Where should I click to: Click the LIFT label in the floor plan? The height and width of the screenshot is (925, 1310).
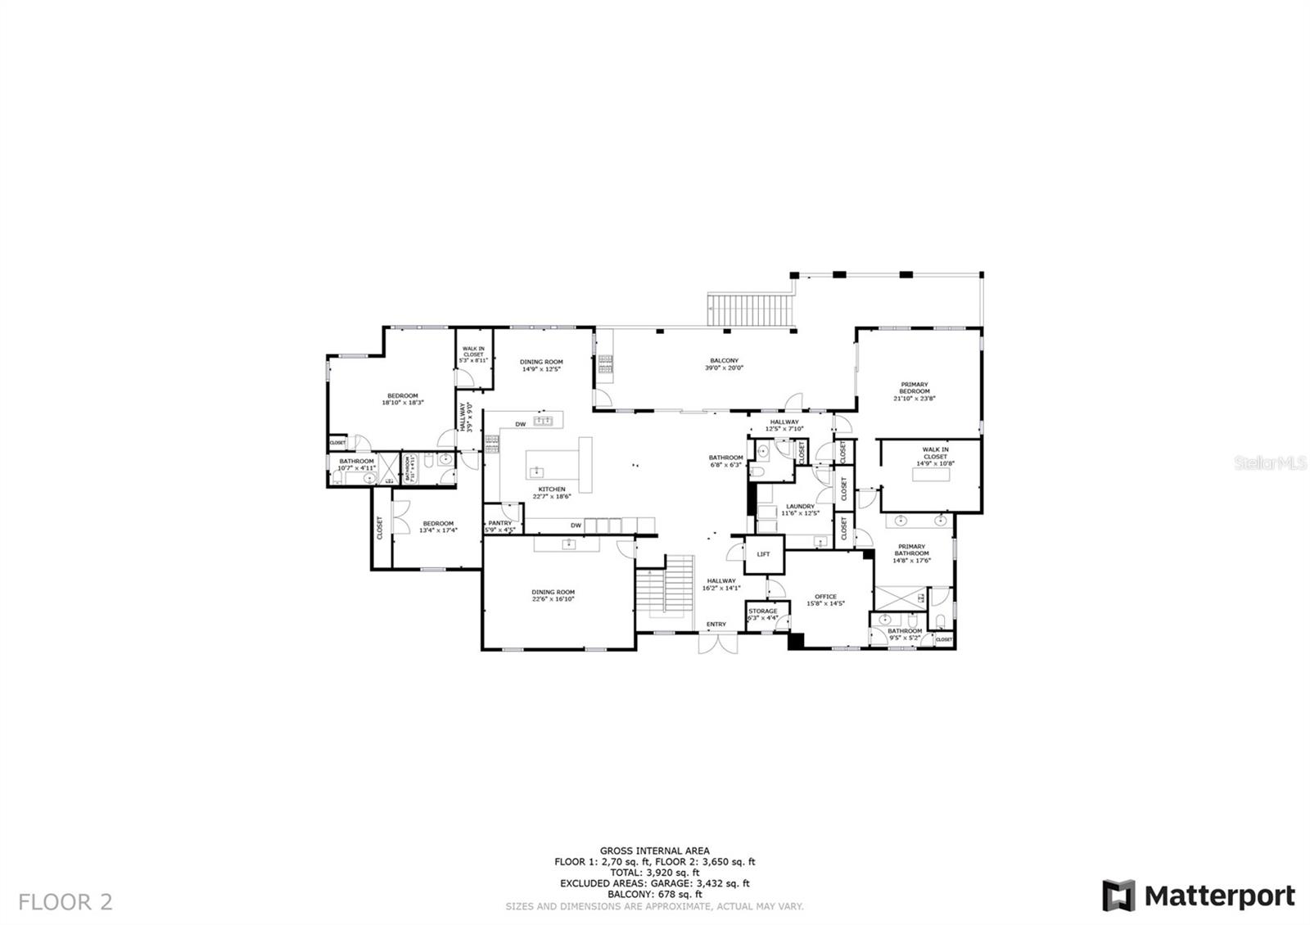[x=763, y=554]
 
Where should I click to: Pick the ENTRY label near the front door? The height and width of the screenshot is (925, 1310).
[x=716, y=625]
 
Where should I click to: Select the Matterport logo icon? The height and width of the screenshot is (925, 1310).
[x=1118, y=896]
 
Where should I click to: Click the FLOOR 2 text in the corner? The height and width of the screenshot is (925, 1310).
[x=65, y=902]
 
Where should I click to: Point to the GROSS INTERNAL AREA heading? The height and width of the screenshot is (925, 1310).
[x=654, y=851]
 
